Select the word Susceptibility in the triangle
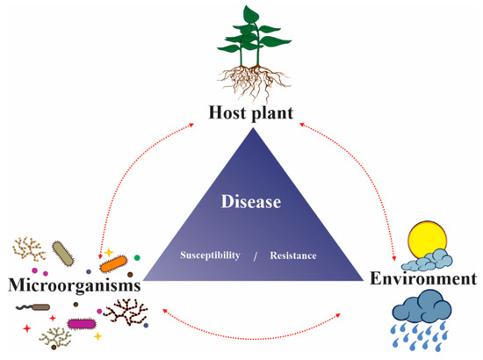(211, 256)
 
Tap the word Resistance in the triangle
(292, 256)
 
